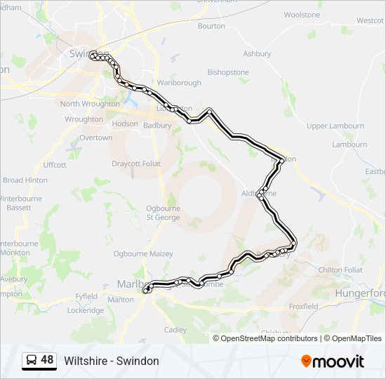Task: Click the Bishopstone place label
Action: (227, 72)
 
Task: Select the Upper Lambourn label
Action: (335, 126)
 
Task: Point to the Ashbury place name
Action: (257, 54)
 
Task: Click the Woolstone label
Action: (302, 15)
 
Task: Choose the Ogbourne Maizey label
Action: (143, 253)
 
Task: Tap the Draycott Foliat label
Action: (136, 164)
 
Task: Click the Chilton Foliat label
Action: (340, 270)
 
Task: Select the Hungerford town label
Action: (360, 293)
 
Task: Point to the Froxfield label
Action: (303, 307)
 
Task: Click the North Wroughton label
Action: (90, 104)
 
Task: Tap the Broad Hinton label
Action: (25, 180)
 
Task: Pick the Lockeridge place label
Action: (86, 310)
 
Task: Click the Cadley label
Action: (175, 330)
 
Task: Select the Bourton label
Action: (212, 26)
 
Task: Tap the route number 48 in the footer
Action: (47, 360)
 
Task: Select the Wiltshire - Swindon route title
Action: (112, 361)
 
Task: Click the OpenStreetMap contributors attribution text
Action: (269, 338)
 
